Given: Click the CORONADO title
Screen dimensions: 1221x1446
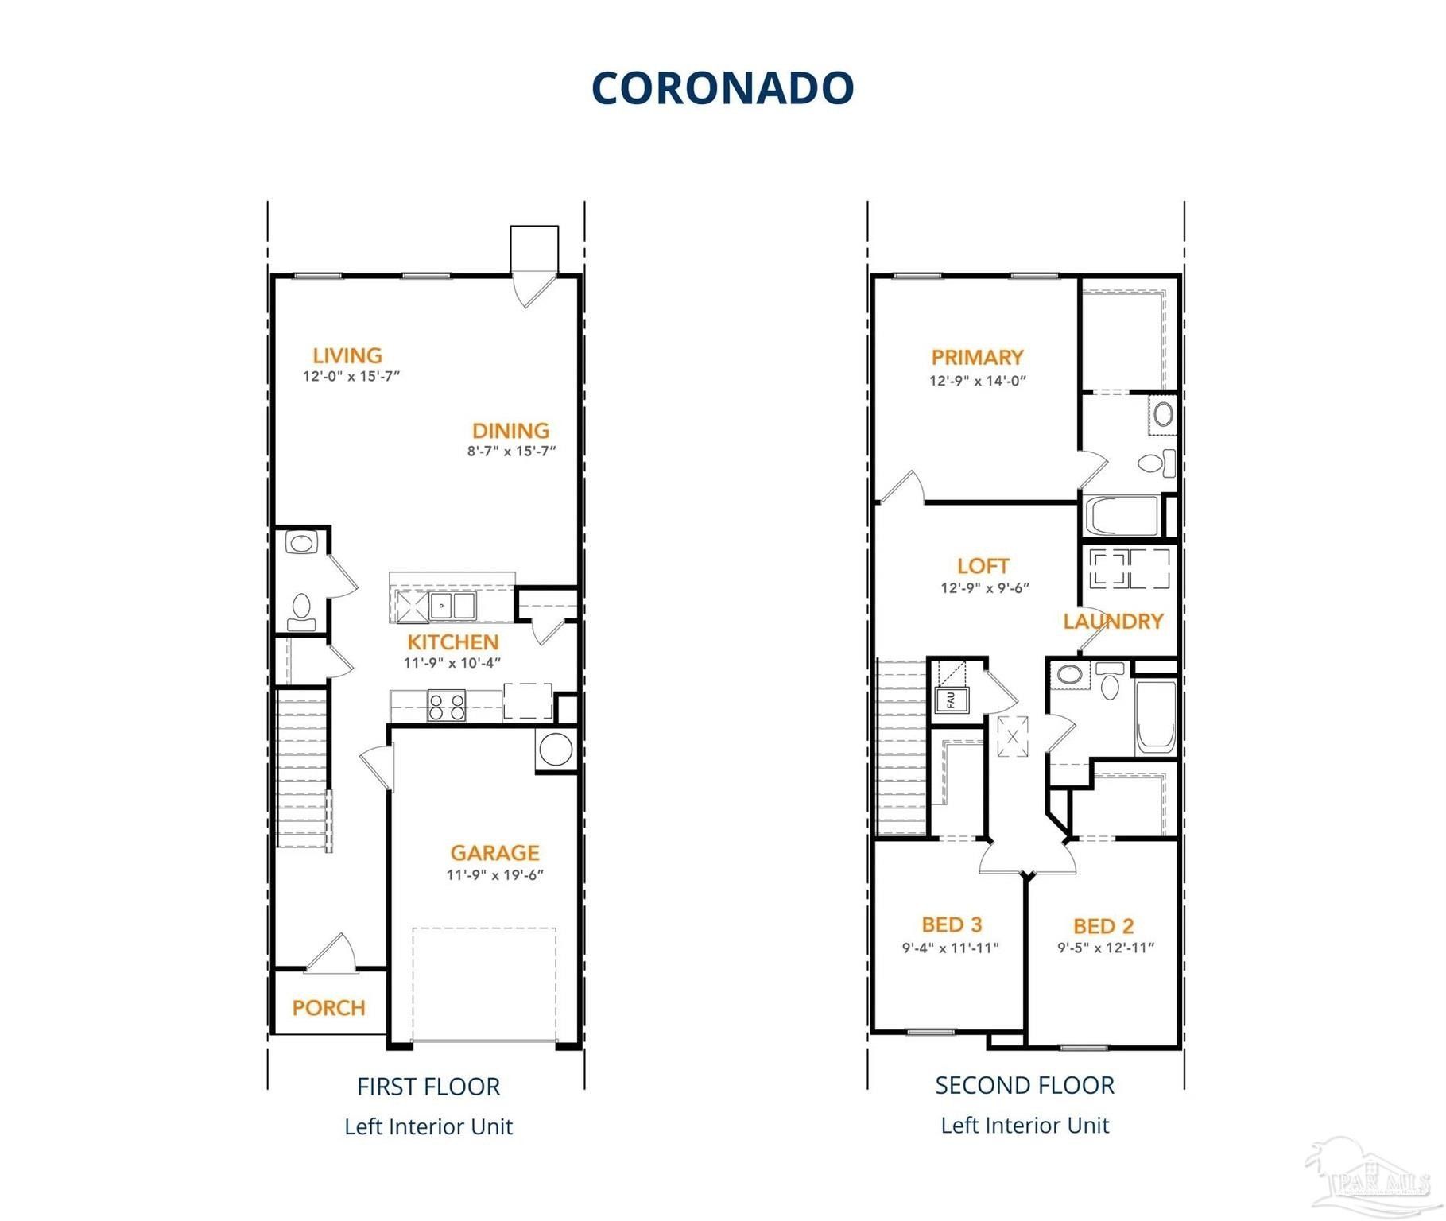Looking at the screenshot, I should [723, 87].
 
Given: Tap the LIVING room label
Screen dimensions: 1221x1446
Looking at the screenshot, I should [347, 355].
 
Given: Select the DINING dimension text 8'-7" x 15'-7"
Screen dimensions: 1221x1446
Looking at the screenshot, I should [511, 452].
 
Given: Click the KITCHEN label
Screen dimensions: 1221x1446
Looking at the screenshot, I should [453, 642].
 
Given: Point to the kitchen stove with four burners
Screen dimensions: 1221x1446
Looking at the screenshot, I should [446, 706].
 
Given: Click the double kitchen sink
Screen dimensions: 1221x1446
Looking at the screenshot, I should [452, 606].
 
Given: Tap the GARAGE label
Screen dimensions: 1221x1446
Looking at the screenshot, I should [494, 853].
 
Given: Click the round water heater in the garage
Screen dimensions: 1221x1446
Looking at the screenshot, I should [555, 750].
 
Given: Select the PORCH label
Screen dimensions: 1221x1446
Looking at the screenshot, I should [328, 1008].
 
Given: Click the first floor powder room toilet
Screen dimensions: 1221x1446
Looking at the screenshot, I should [301, 609].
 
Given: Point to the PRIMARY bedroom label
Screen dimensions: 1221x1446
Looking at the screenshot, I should [977, 358].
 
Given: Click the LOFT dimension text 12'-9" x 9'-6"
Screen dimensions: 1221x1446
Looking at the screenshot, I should [985, 588].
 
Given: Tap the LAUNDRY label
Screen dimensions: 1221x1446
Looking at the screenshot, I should [1113, 622].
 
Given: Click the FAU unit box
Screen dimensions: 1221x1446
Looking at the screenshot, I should [951, 700].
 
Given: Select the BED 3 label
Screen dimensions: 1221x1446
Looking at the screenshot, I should [952, 924].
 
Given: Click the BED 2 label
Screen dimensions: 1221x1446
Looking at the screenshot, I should [1103, 926].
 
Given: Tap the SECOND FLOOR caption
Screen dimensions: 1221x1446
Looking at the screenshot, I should [1025, 1085].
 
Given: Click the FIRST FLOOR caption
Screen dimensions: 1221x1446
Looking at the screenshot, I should [428, 1087].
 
